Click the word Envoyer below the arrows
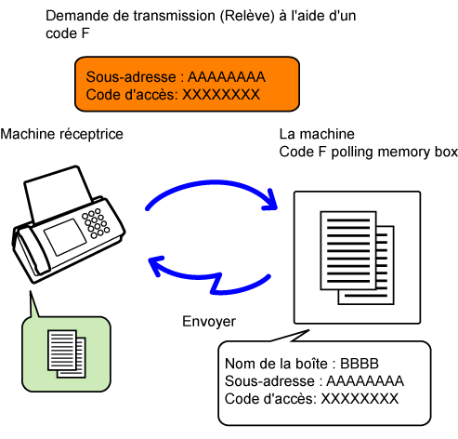coord(209,322)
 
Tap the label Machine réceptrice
coord(61,134)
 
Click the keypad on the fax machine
coord(96,223)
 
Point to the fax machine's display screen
coord(65,236)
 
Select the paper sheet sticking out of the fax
coord(58,193)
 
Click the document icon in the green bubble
coord(67,353)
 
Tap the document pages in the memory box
coord(357,258)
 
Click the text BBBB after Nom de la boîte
coord(360,364)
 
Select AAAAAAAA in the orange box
coord(227,77)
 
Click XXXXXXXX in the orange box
coord(221,95)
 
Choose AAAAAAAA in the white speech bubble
coord(365,381)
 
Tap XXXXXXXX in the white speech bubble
coord(360,399)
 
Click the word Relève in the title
coord(247,16)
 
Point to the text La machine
coord(317,134)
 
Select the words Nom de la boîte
coord(276,364)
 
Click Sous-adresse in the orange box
coord(131,77)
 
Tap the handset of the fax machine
coord(31,254)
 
